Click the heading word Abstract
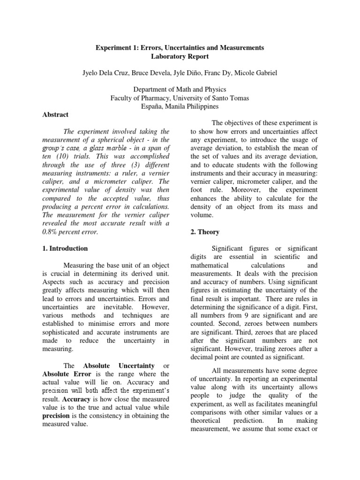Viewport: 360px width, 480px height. click(55, 114)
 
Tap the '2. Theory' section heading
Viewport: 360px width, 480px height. click(205, 232)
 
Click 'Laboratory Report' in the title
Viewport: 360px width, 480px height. click(180, 57)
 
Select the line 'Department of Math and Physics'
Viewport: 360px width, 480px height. click(180, 90)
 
